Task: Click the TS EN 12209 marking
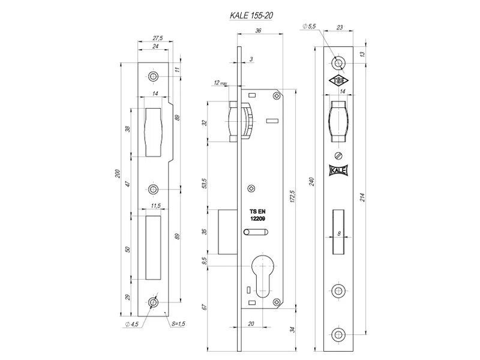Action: point(257,216)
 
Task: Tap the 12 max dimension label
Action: point(219,83)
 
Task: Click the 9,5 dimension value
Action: point(206,261)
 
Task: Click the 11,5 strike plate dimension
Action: point(155,206)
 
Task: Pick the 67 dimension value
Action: point(206,307)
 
